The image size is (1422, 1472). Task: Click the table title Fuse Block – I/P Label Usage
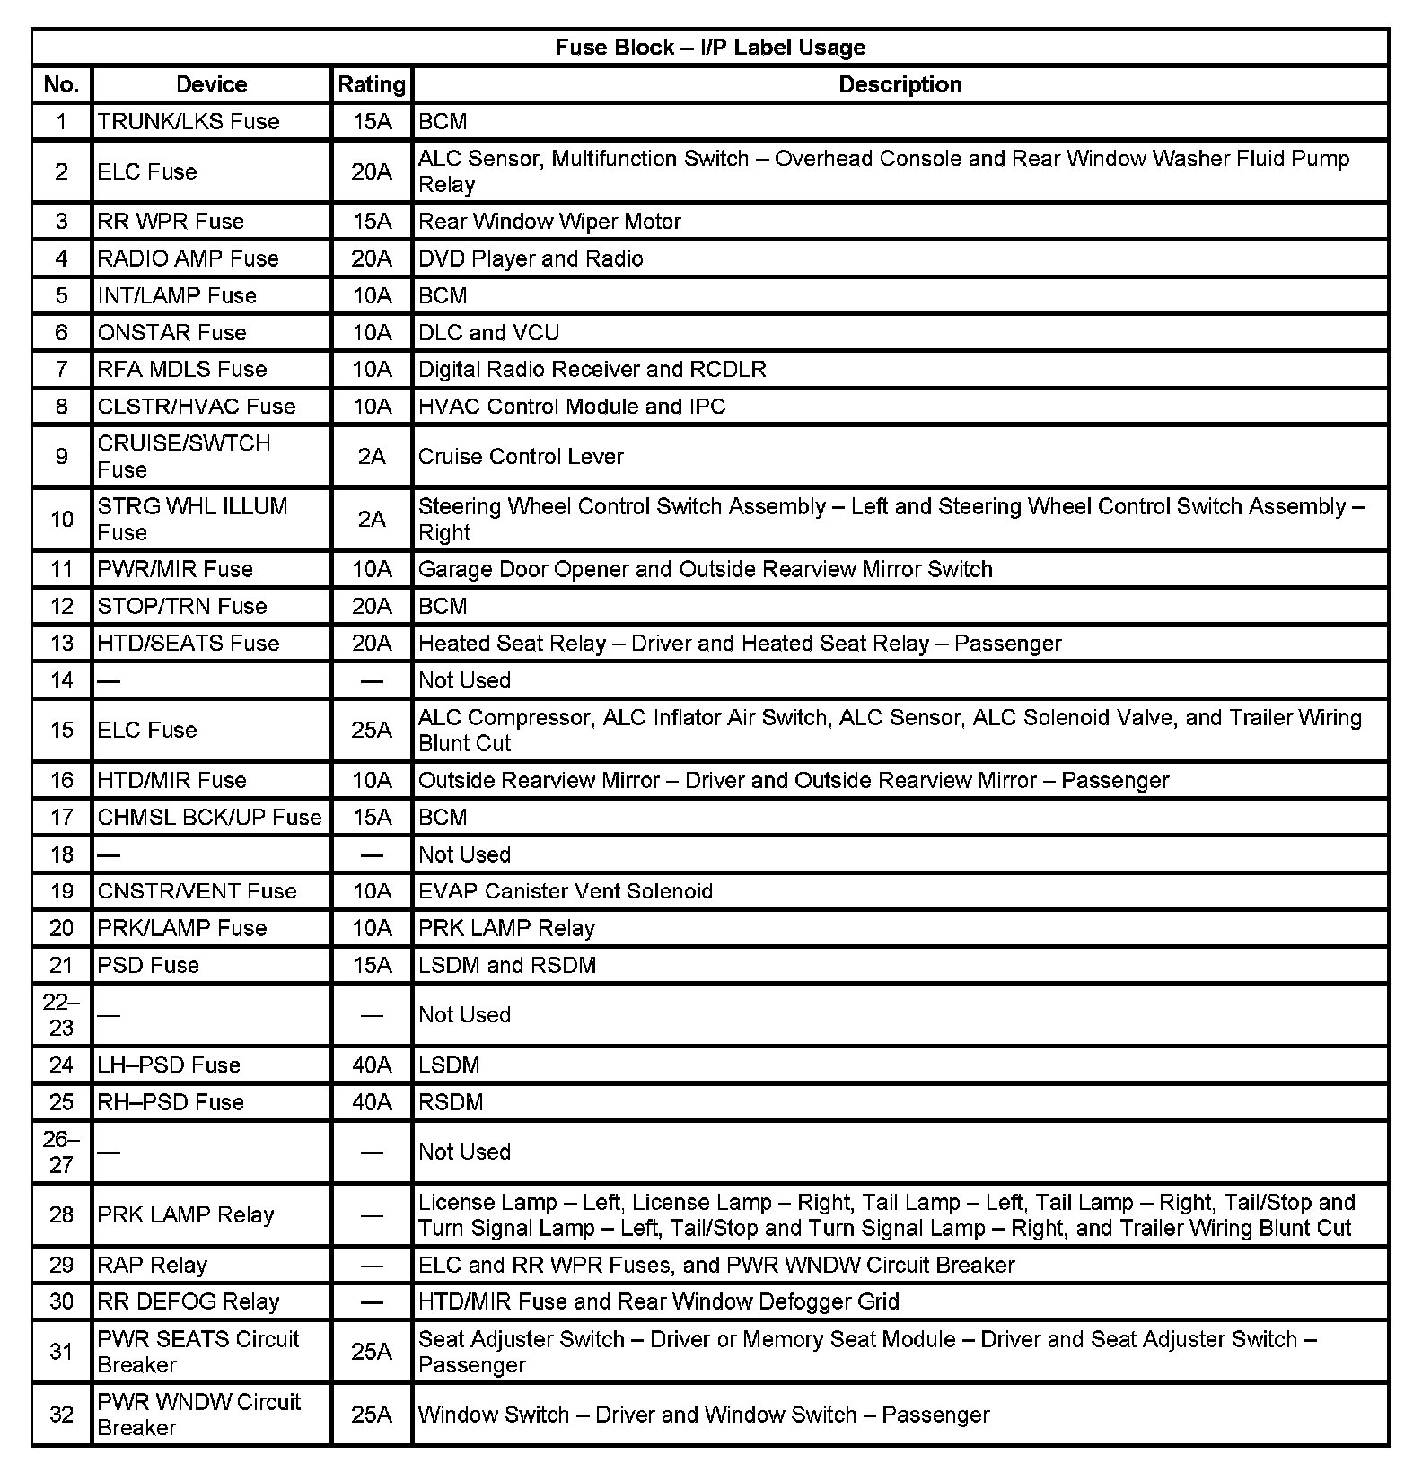[x=710, y=48]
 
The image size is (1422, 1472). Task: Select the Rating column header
[x=372, y=84]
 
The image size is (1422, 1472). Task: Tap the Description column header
[x=900, y=84]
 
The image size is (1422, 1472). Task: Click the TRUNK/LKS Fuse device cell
[x=189, y=121]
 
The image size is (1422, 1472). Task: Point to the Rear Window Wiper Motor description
[x=549, y=222]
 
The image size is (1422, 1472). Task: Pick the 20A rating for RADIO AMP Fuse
[x=372, y=258]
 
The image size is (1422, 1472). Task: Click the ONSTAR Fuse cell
[x=171, y=333]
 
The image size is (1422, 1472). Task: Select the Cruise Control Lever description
[x=521, y=457]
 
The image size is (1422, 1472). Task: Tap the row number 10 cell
[x=61, y=520]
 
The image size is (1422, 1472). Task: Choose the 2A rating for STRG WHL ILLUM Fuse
[x=372, y=520]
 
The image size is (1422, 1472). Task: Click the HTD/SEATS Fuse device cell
[x=189, y=644]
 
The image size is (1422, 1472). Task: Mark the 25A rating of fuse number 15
[x=372, y=730]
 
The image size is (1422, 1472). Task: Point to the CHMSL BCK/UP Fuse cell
[x=209, y=818]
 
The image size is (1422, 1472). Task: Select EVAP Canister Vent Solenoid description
[x=566, y=891]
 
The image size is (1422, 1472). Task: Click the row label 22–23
[x=61, y=1015]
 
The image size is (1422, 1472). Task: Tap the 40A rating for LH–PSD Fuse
[x=372, y=1065]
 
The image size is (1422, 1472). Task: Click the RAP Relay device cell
[x=153, y=1266]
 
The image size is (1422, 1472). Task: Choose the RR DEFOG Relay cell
[x=189, y=1302]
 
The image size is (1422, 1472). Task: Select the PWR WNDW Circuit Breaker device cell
[x=198, y=1415]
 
